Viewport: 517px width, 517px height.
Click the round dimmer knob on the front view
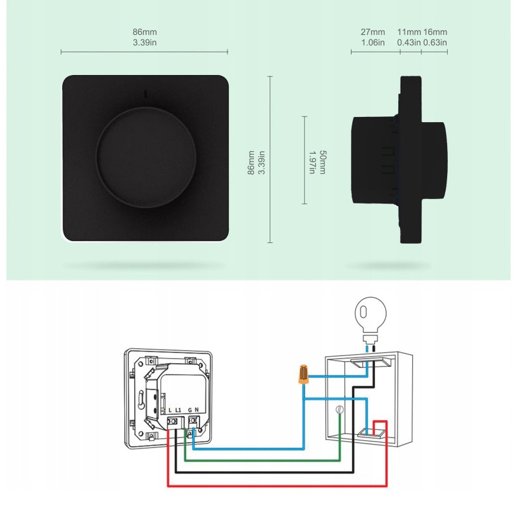[146, 157]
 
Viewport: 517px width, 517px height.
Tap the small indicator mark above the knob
[145, 94]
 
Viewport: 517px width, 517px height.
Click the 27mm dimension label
[373, 32]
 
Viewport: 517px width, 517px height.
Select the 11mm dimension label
[409, 32]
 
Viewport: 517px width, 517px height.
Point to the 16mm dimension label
[435, 32]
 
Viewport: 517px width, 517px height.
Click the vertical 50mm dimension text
[322, 162]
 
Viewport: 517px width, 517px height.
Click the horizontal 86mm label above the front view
[145, 32]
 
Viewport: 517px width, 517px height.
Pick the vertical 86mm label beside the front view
[251, 163]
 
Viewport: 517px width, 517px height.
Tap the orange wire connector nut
[303, 374]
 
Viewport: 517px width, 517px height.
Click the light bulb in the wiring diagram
[370, 319]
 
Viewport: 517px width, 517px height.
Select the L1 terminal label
[178, 410]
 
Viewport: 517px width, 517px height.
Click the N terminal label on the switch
[197, 410]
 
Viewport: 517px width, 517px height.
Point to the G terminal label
[190, 410]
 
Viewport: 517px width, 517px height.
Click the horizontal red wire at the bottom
[277, 486]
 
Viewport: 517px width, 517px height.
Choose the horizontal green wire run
[262, 460]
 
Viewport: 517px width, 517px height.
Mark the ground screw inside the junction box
[339, 410]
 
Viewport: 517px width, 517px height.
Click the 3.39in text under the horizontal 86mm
[145, 43]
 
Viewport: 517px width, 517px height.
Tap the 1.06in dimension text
[373, 43]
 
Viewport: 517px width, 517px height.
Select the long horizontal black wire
[264, 472]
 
